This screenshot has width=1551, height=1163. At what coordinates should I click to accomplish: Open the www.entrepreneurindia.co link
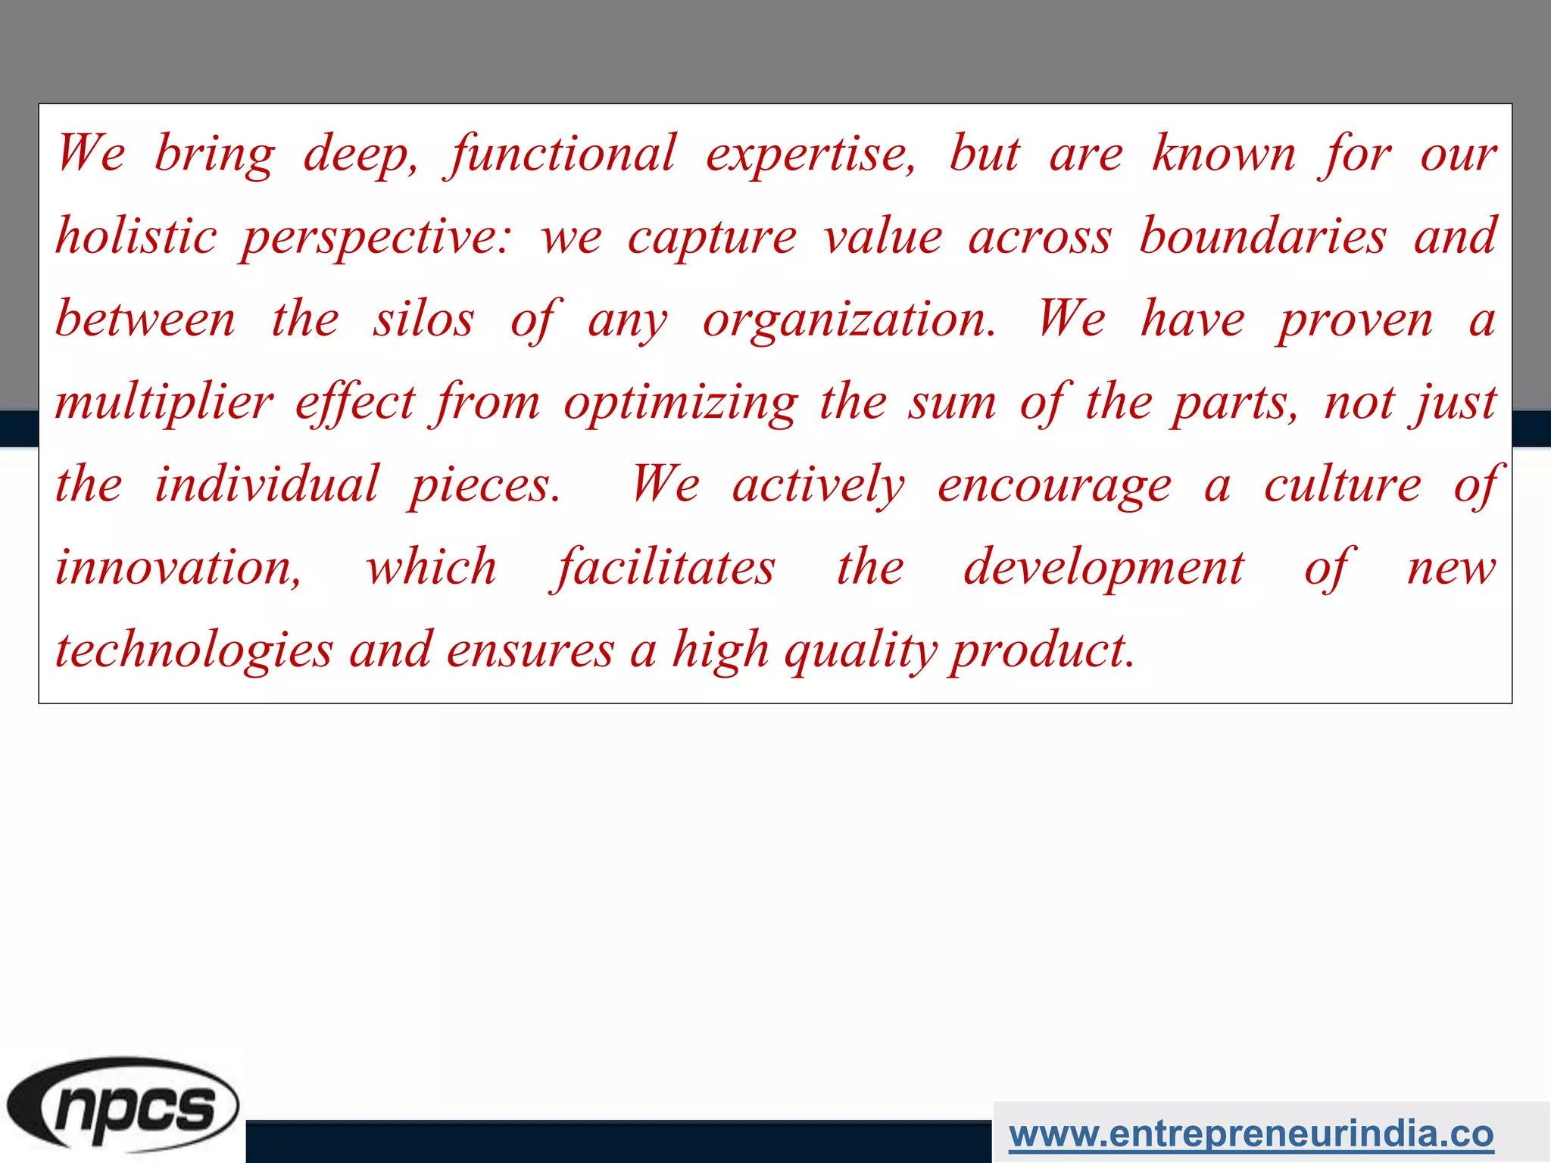[1251, 1134]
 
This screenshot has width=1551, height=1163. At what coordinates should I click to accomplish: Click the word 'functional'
[561, 154]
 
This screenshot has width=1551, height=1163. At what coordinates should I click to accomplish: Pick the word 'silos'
[423, 319]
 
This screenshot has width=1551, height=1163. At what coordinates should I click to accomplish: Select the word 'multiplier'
[164, 403]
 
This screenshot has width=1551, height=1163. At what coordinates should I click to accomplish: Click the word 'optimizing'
[681, 403]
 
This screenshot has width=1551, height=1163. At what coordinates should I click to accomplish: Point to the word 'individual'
[267, 484]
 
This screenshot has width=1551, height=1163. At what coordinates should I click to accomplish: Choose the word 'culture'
[1343, 484]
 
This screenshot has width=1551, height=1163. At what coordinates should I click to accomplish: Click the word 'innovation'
[178, 568]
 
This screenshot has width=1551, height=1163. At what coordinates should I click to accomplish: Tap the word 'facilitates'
[665, 568]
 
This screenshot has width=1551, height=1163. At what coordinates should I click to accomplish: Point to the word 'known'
[1224, 154]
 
